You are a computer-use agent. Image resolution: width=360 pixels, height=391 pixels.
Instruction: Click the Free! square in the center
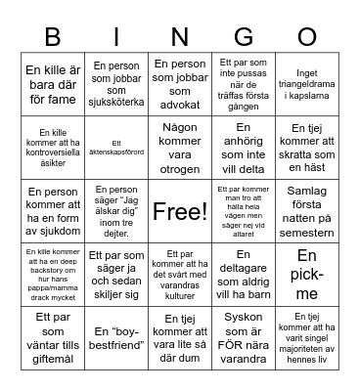180,211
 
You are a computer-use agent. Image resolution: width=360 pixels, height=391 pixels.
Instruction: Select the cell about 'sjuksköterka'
116,82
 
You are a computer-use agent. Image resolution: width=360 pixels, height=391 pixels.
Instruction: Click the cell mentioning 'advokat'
180,82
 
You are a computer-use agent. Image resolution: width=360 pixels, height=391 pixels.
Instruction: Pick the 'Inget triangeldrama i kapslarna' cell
307,82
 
